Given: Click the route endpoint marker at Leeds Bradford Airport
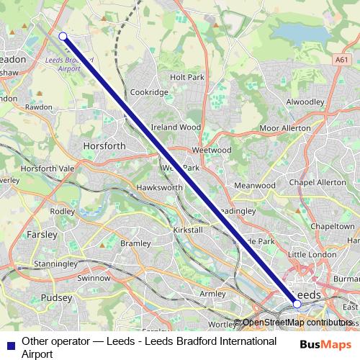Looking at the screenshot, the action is [63, 36].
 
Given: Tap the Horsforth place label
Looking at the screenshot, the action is [104, 145].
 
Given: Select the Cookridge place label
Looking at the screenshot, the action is [149, 92].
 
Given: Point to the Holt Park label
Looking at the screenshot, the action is [187, 76].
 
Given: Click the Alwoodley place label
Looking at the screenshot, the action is [307, 102].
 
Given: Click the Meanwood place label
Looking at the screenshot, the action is [255, 185].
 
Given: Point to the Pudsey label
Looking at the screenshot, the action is [57, 297].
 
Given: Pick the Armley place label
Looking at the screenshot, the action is [212, 293].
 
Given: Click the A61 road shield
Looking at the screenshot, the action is [341, 62].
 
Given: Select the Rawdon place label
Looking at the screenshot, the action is [39, 107].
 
